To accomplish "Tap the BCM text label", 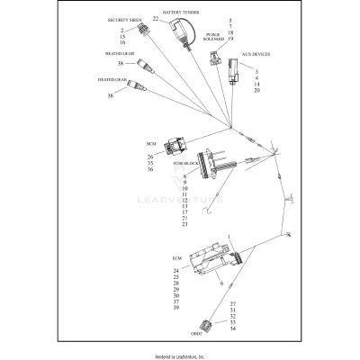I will click(150, 144).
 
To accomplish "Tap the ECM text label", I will click(176, 257).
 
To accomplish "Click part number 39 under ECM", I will click(176, 309).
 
